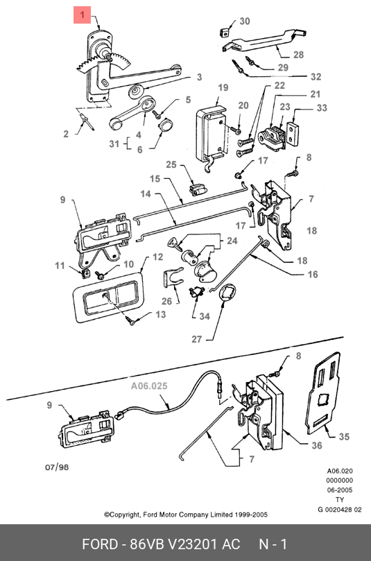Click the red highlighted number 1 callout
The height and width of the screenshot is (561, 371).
click(x=82, y=15)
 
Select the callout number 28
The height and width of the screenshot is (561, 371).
click(x=298, y=55)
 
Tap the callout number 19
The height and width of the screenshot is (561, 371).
click(x=223, y=87)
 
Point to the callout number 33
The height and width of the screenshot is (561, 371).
click(x=322, y=107)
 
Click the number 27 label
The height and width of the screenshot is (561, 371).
click(x=197, y=339)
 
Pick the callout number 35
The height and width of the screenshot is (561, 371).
click(x=344, y=436)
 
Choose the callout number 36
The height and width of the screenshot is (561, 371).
click(x=317, y=445)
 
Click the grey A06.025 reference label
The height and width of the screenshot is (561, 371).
click(x=149, y=386)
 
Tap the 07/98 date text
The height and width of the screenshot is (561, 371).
click(x=57, y=467)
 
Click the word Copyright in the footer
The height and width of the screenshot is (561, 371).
click(x=123, y=515)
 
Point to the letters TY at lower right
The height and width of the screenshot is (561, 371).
click(x=340, y=500)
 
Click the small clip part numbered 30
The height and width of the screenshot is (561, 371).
click(x=224, y=32)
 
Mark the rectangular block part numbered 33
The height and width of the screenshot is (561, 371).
click(x=293, y=133)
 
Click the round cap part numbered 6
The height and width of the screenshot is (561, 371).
click(x=165, y=126)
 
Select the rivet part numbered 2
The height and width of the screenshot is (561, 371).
click(x=87, y=121)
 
